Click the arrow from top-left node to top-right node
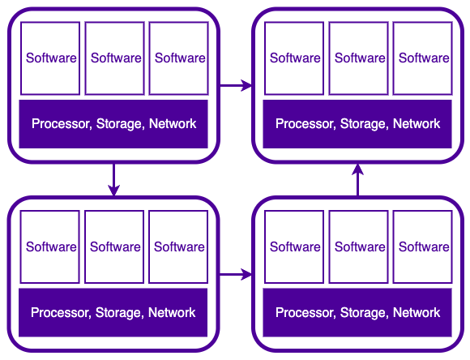pos(236,85)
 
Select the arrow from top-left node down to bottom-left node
pos(114,180)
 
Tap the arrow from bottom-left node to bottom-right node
pos(236,274)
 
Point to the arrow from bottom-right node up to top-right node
pos(358,180)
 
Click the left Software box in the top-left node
pos(50,58)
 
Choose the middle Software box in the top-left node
pos(114,58)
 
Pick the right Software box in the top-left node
pos(178,58)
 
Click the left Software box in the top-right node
pos(294,58)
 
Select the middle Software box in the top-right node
pos(358,58)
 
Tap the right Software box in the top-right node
pos(423,58)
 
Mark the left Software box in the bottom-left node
pos(49,247)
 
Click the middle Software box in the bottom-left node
pos(114,247)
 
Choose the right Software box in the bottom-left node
pos(178,247)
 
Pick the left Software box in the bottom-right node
pos(294,247)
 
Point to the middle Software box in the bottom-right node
pos(358,247)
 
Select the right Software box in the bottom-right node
pos(423,247)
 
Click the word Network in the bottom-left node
pos(172,313)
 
